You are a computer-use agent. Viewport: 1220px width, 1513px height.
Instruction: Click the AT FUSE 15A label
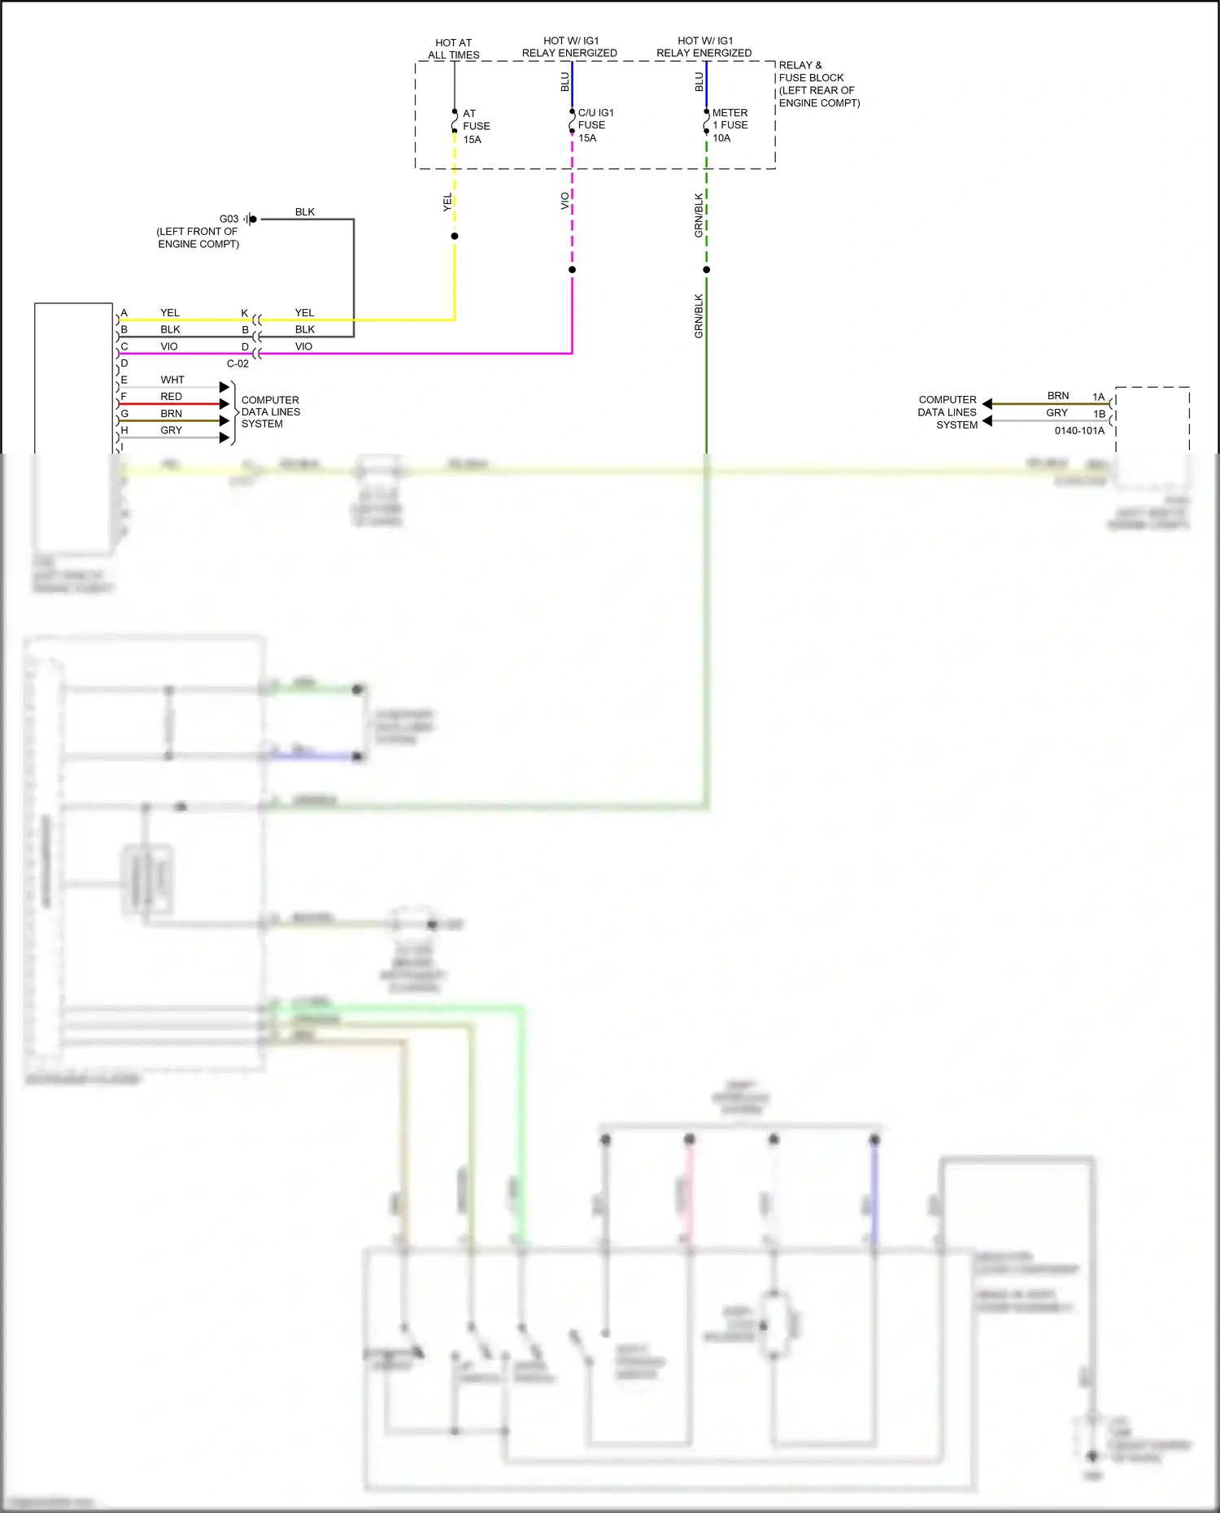[476, 126]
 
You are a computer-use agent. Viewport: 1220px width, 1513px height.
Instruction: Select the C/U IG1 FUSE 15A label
[595, 125]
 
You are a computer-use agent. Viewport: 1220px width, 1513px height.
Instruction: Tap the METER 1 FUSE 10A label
[730, 125]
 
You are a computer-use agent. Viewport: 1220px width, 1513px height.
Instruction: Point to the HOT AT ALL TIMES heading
[454, 49]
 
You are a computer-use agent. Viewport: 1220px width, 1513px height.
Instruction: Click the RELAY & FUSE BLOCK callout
[818, 84]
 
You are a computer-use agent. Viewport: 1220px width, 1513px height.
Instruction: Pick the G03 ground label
[229, 219]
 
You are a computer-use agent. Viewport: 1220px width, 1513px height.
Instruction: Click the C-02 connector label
[237, 363]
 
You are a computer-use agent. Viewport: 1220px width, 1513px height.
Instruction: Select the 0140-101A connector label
[1079, 430]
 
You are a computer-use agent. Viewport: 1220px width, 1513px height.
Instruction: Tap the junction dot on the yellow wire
[455, 236]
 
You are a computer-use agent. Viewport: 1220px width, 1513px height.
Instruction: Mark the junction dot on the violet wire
[573, 269]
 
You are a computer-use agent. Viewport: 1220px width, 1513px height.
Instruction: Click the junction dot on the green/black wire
[707, 269]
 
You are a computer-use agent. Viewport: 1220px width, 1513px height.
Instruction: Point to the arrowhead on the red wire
[225, 404]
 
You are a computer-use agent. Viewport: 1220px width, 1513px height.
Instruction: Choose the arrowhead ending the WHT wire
[225, 387]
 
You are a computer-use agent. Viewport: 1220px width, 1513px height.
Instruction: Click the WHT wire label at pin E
[172, 380]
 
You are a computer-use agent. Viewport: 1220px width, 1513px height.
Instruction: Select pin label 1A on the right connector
[1098, 397]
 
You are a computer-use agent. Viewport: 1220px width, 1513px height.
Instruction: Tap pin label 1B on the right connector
[1099, 414]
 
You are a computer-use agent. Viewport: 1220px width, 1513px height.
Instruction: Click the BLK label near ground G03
[304, 212]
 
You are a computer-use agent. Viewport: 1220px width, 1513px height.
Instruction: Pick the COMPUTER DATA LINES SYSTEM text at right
[948, 412]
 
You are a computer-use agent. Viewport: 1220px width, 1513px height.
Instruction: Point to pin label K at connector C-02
[244, 313]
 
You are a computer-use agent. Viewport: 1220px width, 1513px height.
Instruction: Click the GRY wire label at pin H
[171, 430]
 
